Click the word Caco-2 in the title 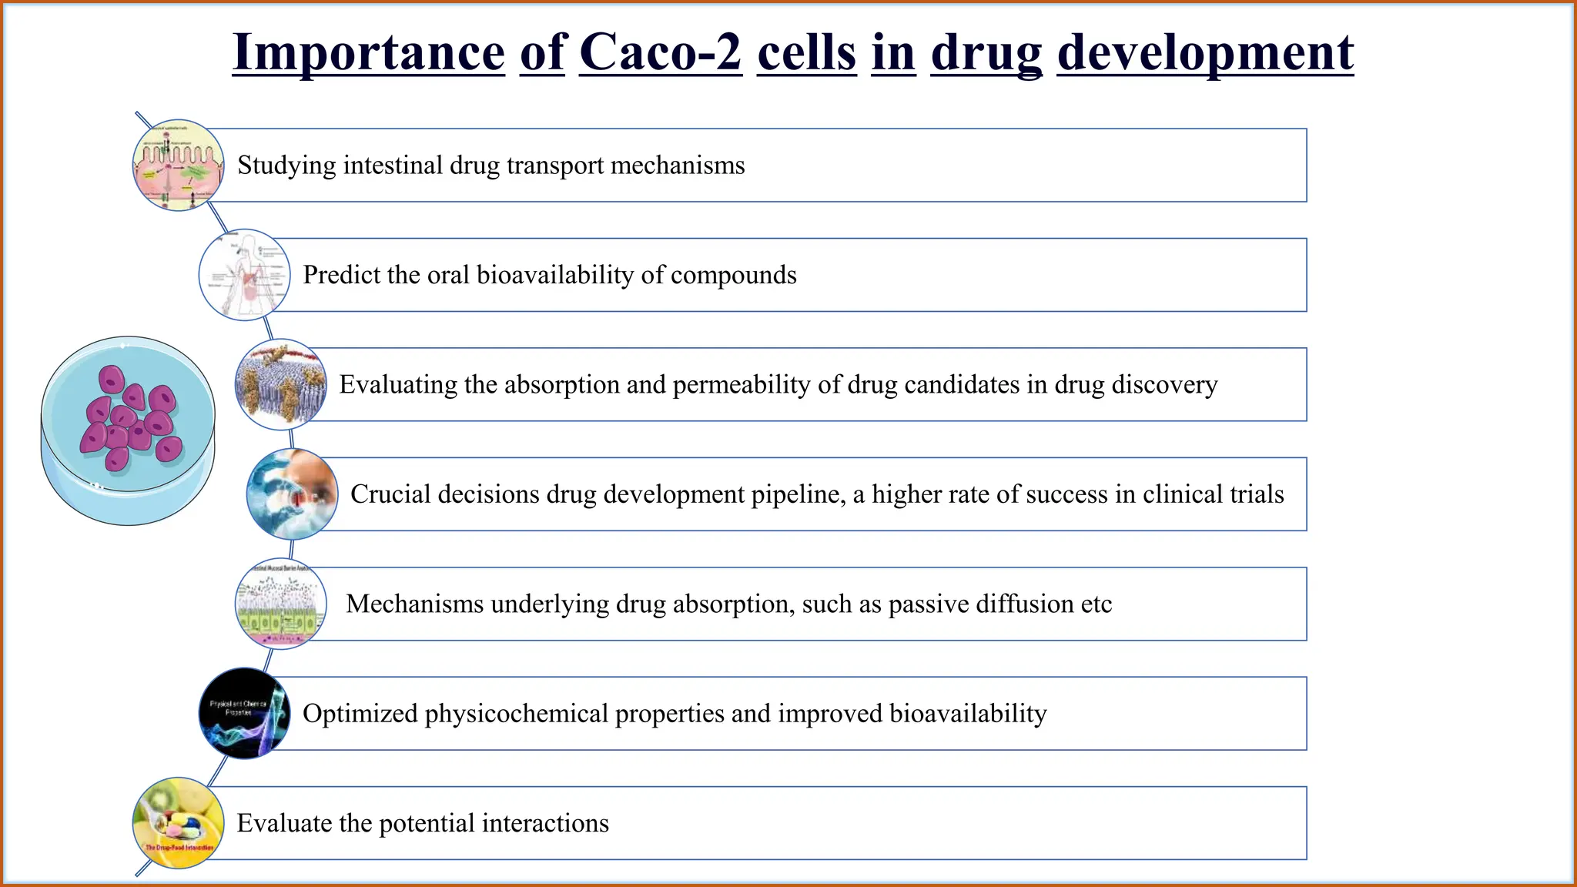[660, 52]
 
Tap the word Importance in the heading [368, 52]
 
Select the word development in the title [1205, 52]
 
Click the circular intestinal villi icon [179, 166]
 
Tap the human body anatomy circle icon [245, 275]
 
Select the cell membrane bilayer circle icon [280, 384]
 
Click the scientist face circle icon [293, 494]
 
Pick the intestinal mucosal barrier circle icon [280, 604]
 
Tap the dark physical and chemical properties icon [245, 713]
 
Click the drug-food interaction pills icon [179, 822]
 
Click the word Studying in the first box [286, 166]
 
